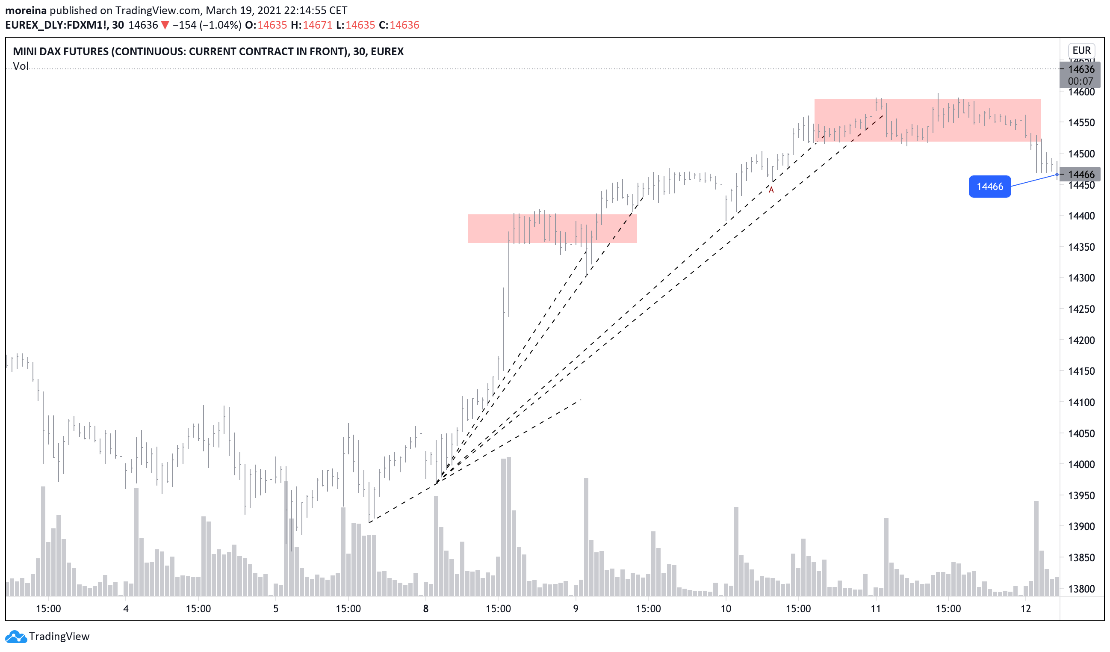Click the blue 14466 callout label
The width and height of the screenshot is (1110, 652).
[x=989, y=187]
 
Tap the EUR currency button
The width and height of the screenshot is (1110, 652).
[x=1081, y=50]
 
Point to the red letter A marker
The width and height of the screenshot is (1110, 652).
[x=771, y=190]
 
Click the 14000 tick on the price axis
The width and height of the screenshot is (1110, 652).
[x=1081, y=464]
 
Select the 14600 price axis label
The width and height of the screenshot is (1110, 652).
[x=1081, y=92]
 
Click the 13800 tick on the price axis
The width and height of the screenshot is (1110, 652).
[x=1081, y=589]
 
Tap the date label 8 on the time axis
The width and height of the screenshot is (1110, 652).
[x=425, y=609]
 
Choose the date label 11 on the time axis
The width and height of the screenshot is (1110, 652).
[x=876, y=609]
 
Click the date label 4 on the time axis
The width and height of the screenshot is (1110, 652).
[x=126, y=609]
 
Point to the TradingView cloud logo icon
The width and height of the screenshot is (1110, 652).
[x=16, y=637]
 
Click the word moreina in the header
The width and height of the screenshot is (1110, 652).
[x=26, y=10]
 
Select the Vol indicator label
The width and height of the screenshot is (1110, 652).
[x=21, y=66]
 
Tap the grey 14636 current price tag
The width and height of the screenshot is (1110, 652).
[x=1081, y=69]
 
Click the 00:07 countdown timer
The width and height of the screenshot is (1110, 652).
[x=1080, y=81]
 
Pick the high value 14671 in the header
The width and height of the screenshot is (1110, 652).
[x=317, y=25]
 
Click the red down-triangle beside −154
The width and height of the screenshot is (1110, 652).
[x=165, y=25]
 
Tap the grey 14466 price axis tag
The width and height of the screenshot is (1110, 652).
[x=1081, y=175]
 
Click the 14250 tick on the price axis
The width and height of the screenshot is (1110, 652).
[x=1081, y=309]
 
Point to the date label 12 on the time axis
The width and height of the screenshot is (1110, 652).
[x=1026, y=609]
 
